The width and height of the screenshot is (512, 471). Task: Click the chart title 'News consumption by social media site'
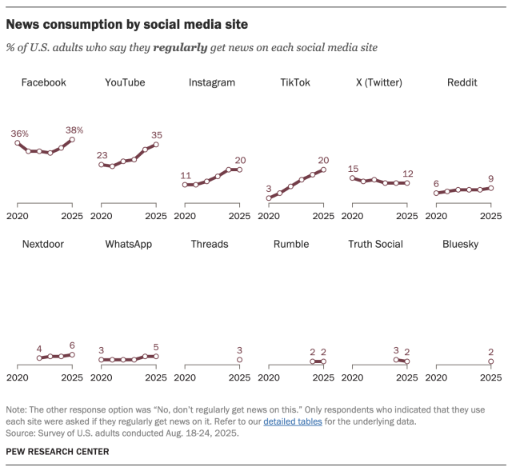pyautogui.click(x=127, y=25)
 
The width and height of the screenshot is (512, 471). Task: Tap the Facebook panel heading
pyautogui.click(x=43, y=82)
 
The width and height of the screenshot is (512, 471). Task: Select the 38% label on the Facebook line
pyautogui.click(x=74, y=130)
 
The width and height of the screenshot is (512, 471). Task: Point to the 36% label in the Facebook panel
pyautogui.click(x=21, y=134)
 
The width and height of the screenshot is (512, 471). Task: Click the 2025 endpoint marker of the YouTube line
pyautogui.click(x=156, y=145)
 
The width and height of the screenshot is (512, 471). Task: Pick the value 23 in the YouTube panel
pyautogui.click(x=102, y=155)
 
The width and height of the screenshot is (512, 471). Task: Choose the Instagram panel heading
pyautogui.click(x=211, y=82)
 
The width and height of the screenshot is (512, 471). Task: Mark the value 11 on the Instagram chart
pyautogui.click(x=186, y=175)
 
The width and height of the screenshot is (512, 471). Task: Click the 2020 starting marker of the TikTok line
pyautogui.click(x=269, y=198)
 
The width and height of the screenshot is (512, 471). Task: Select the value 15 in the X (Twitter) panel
pyautogui.click(x=353, y=168)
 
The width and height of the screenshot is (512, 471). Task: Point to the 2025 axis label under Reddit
pyautogui.click(x=490, y=216)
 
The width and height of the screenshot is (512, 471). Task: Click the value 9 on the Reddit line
pyautogui.click(x=490, y=178)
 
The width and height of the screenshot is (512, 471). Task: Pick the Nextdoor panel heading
pyautogui.click(x=44, y=244)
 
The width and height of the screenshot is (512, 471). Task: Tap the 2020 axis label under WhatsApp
pyautogui.click(x=102, y=377)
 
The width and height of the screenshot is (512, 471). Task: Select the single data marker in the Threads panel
pyautogui.click(x=239, y=360)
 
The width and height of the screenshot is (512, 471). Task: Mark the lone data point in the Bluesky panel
pyautogui.click(x=490, y=361)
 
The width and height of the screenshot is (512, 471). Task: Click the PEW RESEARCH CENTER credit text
pyautogui.click(x=57, y=452)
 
